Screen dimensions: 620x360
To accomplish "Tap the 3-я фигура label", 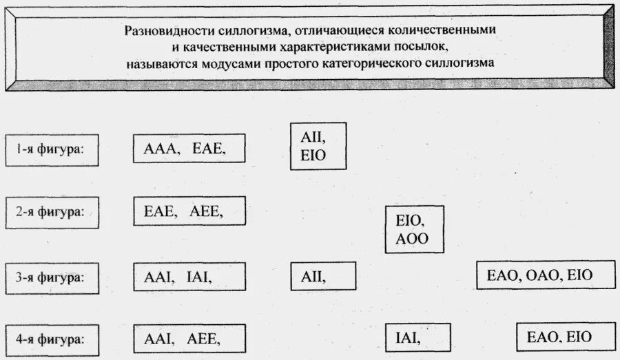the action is tap(52, 278).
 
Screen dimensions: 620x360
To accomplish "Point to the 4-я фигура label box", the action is tap(52, 339).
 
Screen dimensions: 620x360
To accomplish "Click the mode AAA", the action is tap(159, 148).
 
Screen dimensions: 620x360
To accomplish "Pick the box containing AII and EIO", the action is tap(318, 146).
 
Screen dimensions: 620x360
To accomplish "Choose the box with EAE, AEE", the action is tap(189, 211).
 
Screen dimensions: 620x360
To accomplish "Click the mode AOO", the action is tap(413, 238).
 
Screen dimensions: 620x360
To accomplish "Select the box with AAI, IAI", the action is tap(189, 277).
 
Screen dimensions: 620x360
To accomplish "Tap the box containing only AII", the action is tap(322, 277).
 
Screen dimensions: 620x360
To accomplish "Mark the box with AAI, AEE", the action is tap(189, 339).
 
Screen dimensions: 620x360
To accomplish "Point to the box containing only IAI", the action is tap(417, 337).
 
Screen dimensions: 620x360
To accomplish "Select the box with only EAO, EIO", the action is tap(559, 337).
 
